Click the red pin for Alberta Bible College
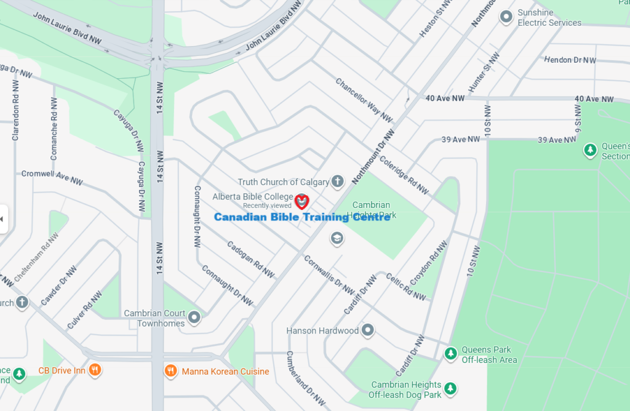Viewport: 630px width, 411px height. [x=301, y=201]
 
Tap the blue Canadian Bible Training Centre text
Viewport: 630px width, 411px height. [x=301, y=217]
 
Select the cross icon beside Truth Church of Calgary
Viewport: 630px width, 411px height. [x=337, y=182]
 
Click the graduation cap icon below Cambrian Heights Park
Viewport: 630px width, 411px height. [x=337, y=238]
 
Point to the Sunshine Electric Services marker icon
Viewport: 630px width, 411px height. [x=506, y=17]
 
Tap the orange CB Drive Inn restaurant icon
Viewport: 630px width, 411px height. [x=95, y=370]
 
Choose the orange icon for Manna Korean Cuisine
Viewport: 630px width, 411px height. [x=171, y=371]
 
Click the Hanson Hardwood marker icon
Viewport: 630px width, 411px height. [x=368, y=330]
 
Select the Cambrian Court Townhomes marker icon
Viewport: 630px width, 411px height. [x=195, y=317]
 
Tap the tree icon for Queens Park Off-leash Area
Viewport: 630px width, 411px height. [x=451, y=354]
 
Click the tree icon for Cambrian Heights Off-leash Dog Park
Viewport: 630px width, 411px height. [x=451, y=388]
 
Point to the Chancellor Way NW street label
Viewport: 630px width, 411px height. [x=364, y=100]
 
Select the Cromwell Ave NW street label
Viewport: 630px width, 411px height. [x=52, y=178]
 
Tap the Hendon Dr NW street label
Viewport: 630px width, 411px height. [x=570, y=60]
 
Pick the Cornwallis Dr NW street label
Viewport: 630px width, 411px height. [x=329, y=275]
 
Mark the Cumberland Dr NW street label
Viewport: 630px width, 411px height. [x=306, y=378]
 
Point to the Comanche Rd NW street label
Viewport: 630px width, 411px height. [x=54, y=129]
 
